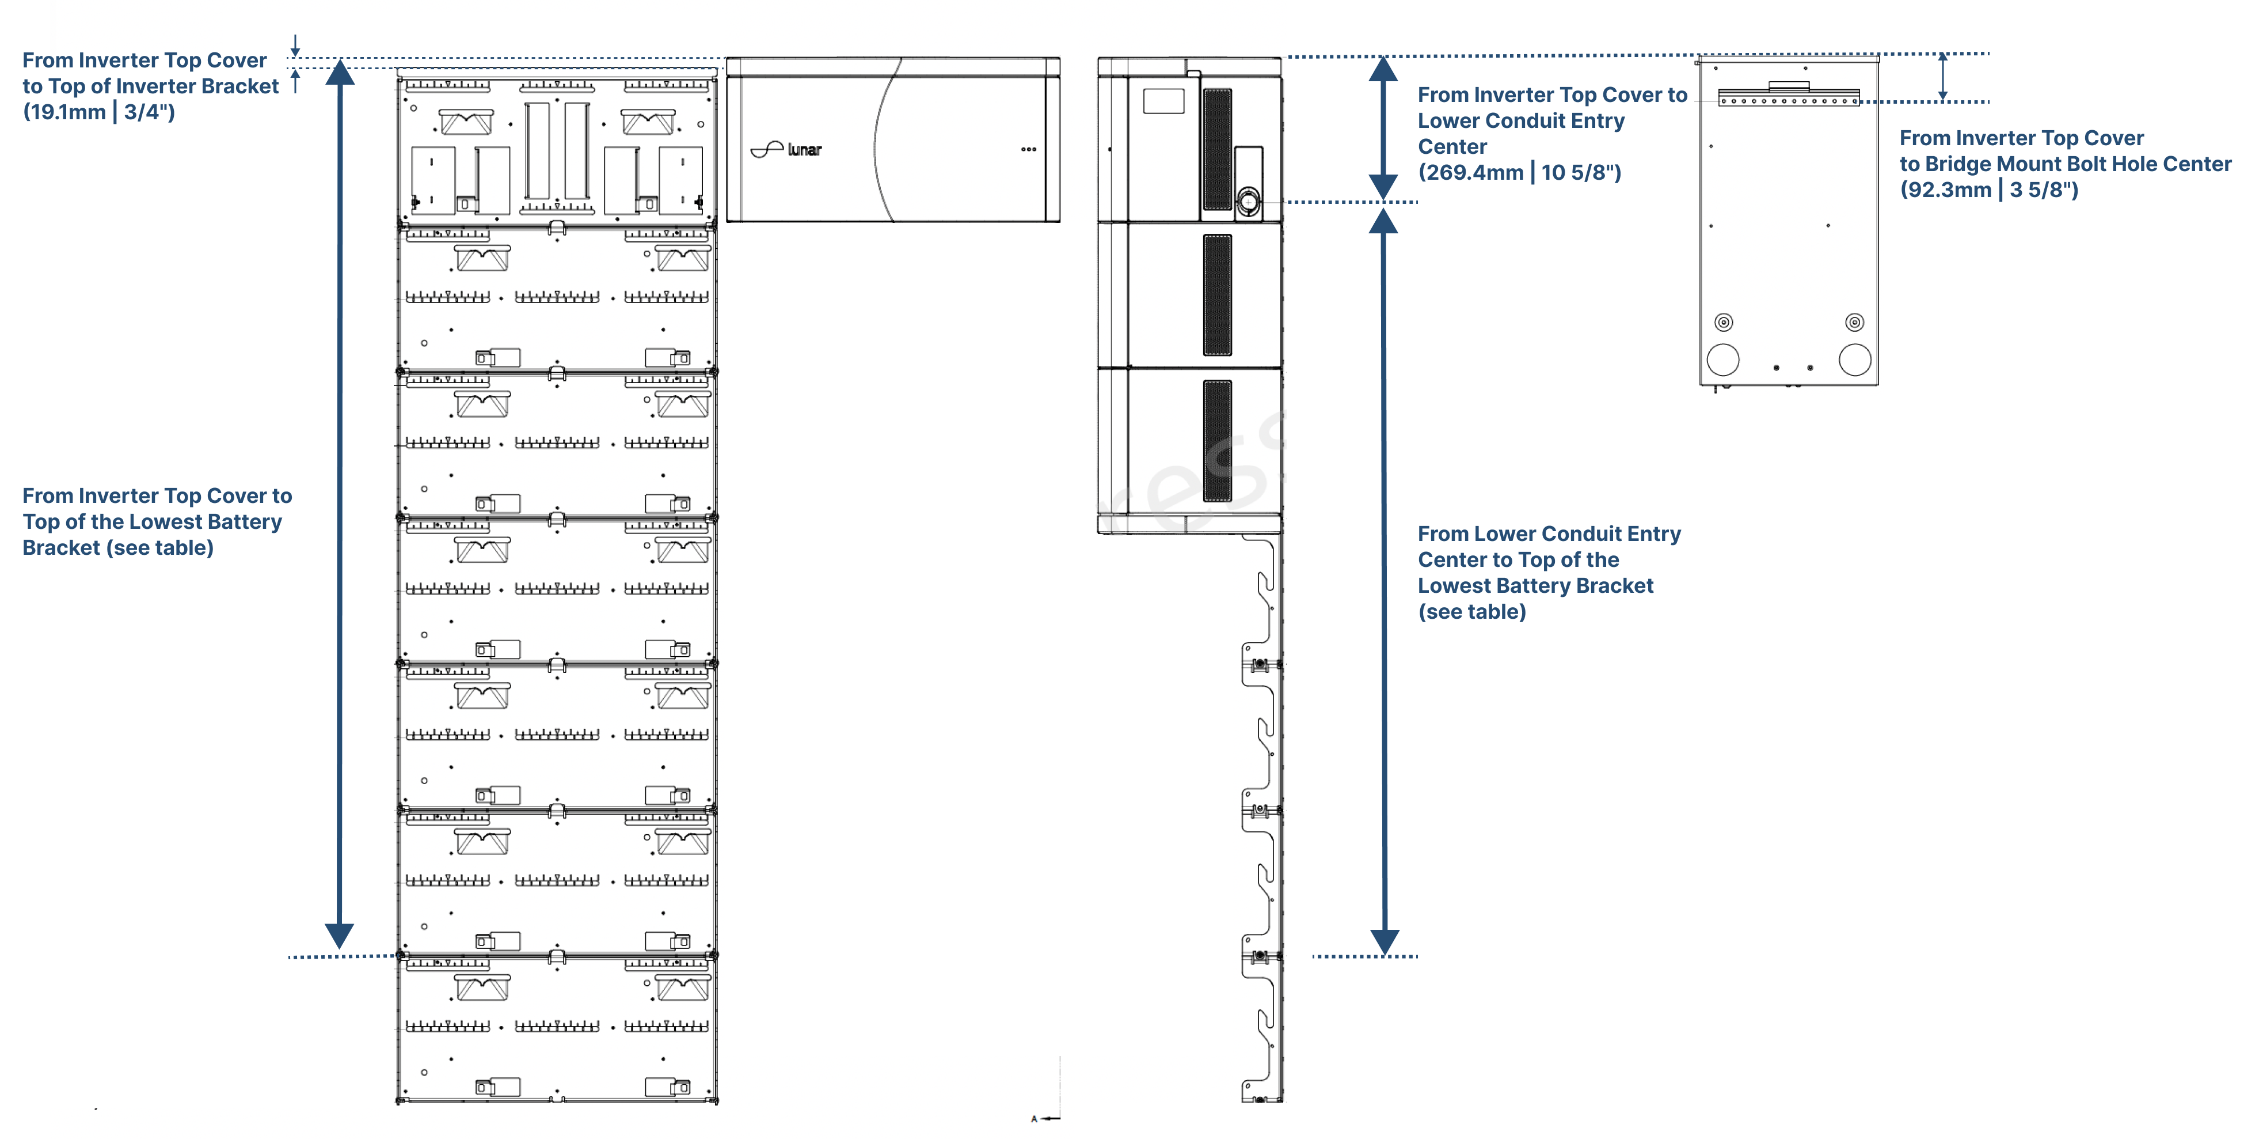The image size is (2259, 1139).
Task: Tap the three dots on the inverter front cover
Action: pyautogui.click(x=1029, y=149)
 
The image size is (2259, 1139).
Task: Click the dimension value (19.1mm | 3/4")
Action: pyautogui.click(x=98, y=112)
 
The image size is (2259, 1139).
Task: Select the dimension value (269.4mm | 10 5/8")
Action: pyautogui.click(x=1519, y=173)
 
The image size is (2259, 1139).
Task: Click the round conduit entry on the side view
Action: pyautogui.click(x=1248, y=201)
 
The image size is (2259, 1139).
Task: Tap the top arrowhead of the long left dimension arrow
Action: pyautogui.click(x=340, y=72)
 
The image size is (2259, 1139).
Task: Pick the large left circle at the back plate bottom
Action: pyautogui.click(x=1722, y=360)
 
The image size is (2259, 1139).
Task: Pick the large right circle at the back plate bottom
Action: pyautogui.click(x=1855, y=360)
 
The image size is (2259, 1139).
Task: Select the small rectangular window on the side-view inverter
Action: pyautogui.click(x=1163, y=101)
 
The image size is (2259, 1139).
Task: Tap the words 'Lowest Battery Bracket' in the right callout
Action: pyautogui.click(x=1535, y=586)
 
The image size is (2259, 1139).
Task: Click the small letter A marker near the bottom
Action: pyautogui.click(x=1034, y=1119)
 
